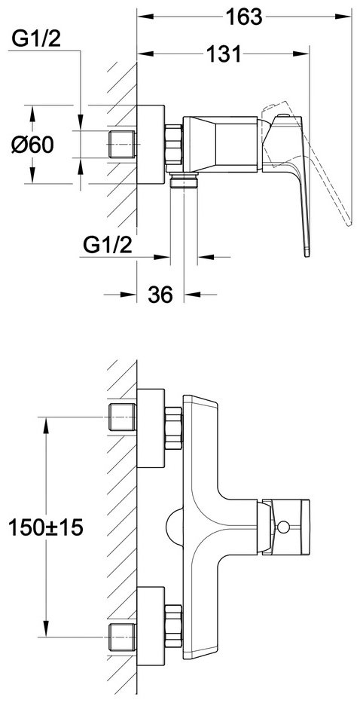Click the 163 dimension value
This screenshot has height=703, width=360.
coord(244,17)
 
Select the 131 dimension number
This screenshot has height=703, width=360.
coord(224,54)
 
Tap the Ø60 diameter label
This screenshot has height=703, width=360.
coord(32,145)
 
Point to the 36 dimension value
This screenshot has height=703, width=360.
coord(160,295)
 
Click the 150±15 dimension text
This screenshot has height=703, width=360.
coord(46,527)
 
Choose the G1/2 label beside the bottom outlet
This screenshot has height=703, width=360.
coord(108,245)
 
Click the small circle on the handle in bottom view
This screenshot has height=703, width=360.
coord(283,526)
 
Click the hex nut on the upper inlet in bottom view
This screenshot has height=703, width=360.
coord(174,428)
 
